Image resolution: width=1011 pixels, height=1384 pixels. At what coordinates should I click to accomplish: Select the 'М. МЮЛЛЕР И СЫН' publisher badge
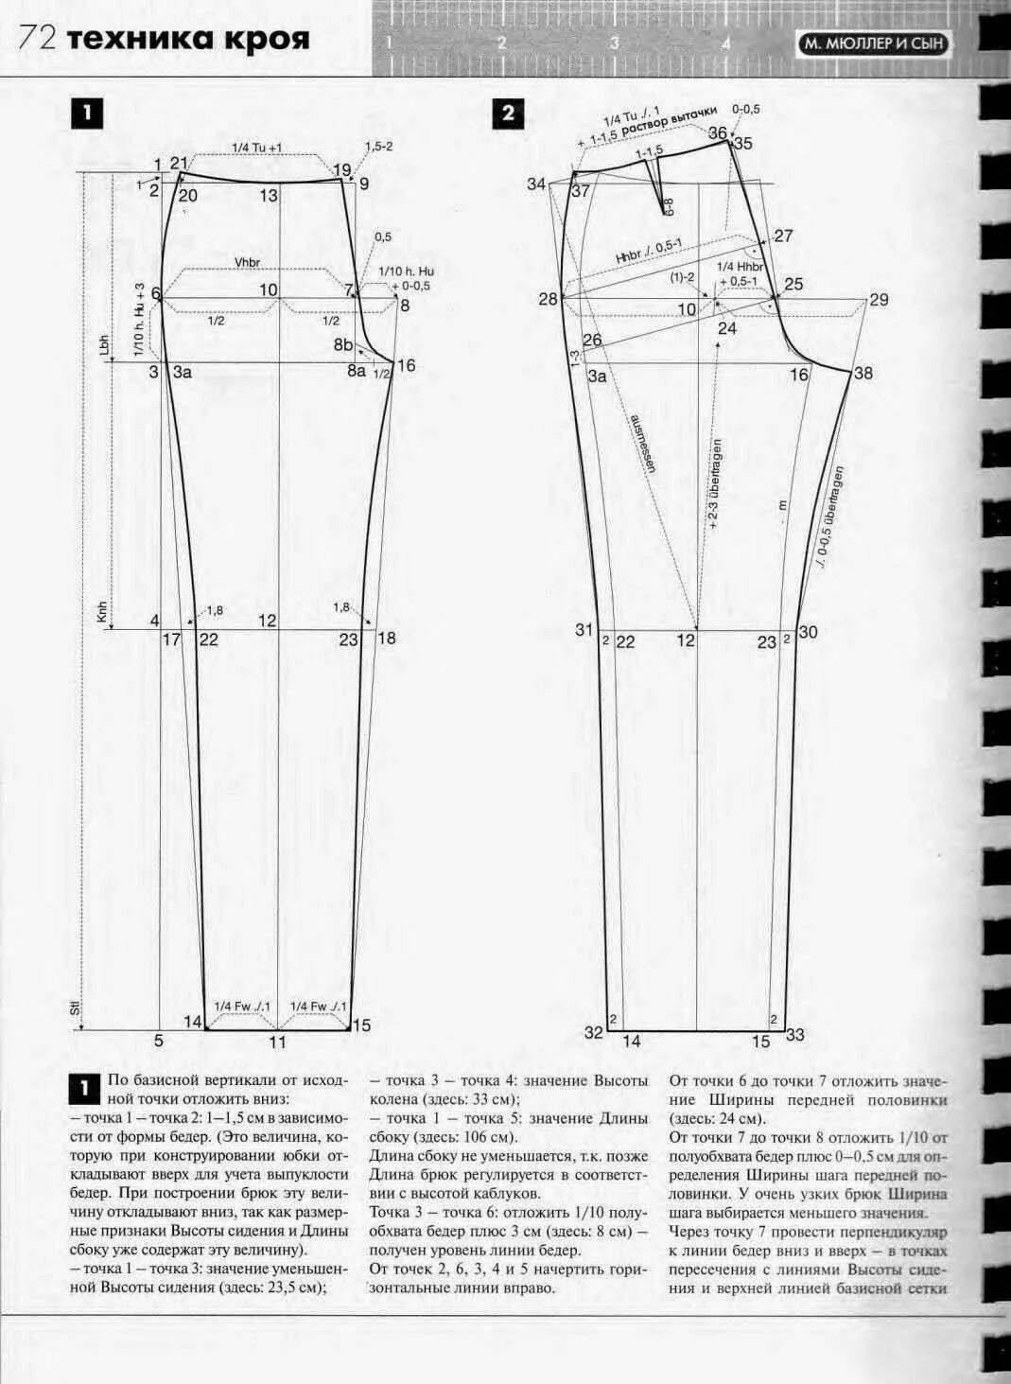coord(874,44)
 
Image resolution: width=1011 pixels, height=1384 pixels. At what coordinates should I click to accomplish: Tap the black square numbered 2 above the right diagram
coord(509,114)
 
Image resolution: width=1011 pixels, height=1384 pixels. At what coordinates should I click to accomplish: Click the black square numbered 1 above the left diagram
coord(86,114)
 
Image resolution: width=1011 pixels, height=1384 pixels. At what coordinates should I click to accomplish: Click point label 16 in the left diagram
coord(406,365)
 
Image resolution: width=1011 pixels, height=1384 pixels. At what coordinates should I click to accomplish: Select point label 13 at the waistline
coord(270,196)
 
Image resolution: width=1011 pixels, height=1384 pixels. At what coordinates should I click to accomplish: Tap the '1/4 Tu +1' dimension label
coord(257,148)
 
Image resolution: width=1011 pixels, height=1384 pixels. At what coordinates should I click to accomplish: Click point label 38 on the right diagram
coord(863,374)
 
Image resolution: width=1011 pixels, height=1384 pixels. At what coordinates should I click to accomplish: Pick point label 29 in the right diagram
coord(879,300)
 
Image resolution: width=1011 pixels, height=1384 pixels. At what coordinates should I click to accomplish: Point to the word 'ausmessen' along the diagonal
coord(642,442)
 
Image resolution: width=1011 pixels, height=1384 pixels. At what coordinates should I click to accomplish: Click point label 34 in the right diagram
coord(536,184)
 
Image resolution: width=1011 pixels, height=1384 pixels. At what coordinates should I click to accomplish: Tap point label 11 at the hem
coord(277,1042)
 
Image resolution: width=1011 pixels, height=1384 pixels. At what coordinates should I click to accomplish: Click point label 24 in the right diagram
coord(726,328)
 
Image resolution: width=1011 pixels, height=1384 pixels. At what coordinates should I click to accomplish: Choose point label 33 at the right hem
coord(794,1035)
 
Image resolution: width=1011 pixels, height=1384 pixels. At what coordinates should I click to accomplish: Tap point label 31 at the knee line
coord(584,630)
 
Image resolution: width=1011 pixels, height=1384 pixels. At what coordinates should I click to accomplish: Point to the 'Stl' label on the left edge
coord(76,1008)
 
